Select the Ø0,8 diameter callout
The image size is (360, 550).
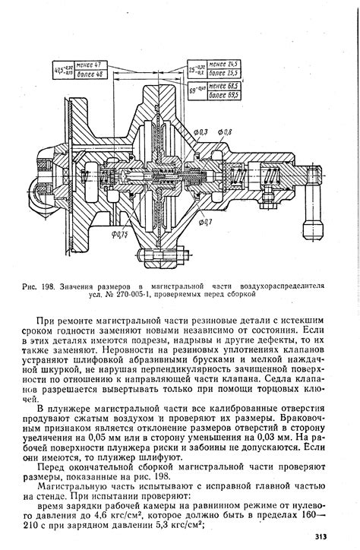[226, 133]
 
